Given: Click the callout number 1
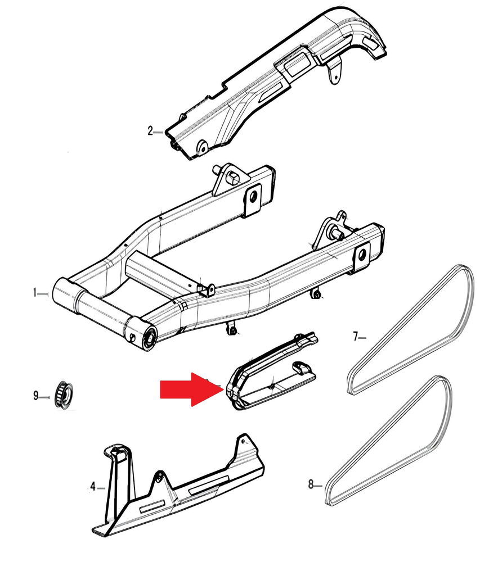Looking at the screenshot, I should (35, 293).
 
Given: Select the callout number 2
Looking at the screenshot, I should (150, 132).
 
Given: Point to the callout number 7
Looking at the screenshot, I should (355, 337).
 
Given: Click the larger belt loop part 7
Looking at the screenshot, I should (411, 332).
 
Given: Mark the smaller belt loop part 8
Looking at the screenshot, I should (394, 444).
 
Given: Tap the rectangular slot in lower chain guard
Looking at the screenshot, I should (208, 486).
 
